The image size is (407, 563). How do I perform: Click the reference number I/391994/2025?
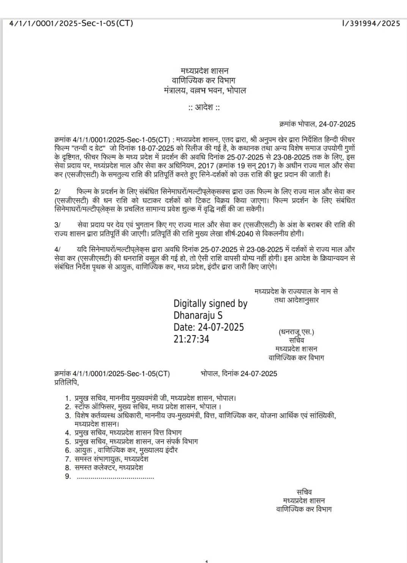tap(371, 24)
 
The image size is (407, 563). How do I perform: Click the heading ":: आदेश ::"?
tap(204, 108)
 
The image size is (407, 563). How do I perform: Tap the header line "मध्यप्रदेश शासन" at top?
tap(204, 71)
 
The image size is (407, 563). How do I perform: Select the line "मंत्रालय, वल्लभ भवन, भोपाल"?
tap(204, 91)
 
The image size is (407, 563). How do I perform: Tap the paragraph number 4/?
tap(57, 250)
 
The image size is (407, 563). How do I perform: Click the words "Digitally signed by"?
tap(210, 304)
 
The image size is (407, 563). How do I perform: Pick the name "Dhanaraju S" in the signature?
tap(198, 315)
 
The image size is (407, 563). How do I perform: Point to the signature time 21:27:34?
tap(191, 339)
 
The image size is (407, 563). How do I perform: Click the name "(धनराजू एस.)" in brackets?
tap(296, 332)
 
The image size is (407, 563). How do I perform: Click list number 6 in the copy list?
tap(68, 450)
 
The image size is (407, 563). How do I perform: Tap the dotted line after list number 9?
tap(115, 477)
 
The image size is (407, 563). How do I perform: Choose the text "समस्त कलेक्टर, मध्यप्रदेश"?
tap(109, 468)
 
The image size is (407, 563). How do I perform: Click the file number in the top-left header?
tap(71, 24)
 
